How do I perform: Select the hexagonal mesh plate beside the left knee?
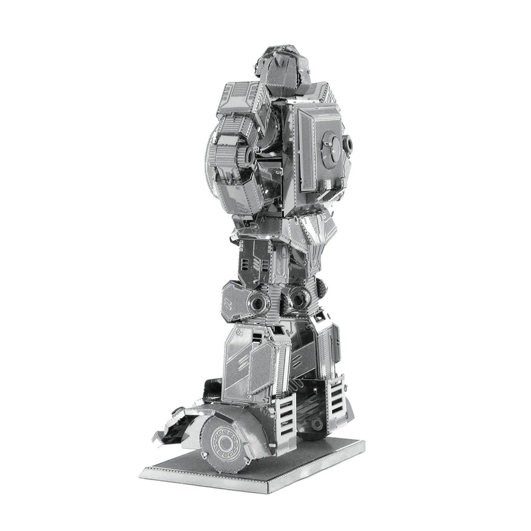[x=236, y=301]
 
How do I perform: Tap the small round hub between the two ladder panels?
[x=317, y=424]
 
